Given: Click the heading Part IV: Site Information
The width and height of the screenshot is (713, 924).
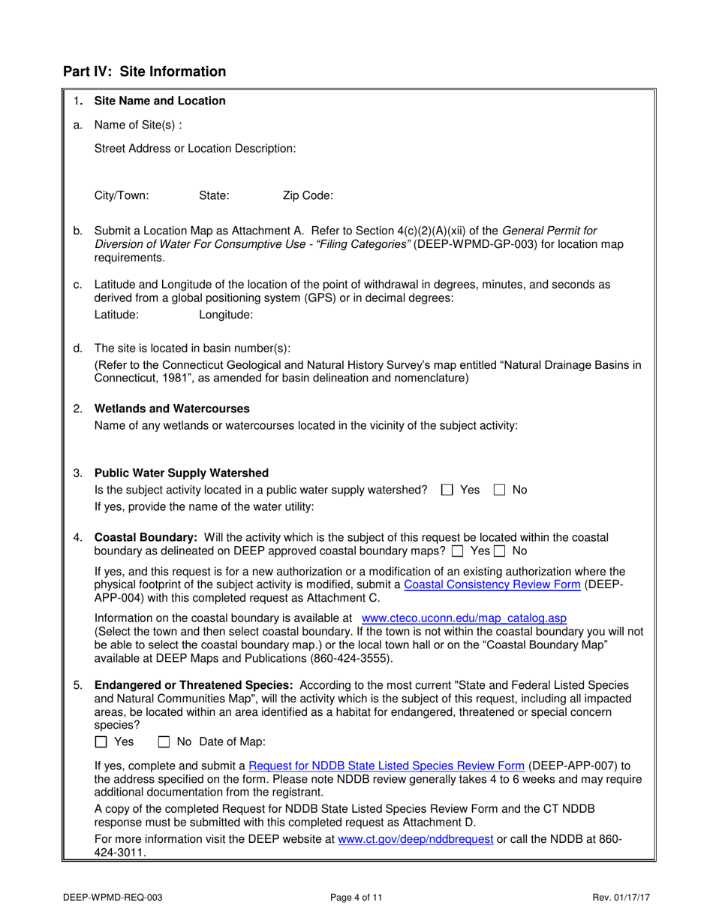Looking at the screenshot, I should (144, 72).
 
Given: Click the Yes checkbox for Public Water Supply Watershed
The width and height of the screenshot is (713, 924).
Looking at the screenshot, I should (447, 491).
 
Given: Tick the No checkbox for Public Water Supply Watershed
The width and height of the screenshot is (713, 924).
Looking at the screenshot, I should (499, 491).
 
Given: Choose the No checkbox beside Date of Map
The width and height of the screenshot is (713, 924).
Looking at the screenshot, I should (164, 742).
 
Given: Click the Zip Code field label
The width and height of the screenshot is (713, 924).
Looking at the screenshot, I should (308, 196).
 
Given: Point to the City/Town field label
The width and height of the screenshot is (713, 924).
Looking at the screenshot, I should (122, 196).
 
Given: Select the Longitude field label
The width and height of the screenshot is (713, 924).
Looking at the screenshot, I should (226, 316).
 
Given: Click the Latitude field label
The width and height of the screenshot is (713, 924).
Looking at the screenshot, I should (116, 316).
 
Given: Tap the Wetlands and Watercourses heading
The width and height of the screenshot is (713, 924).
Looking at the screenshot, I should (172, 409).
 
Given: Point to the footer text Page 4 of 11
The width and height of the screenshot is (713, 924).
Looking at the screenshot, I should (356, 897).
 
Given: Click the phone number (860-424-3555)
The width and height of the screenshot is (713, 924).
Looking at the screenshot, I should (350, 659).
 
